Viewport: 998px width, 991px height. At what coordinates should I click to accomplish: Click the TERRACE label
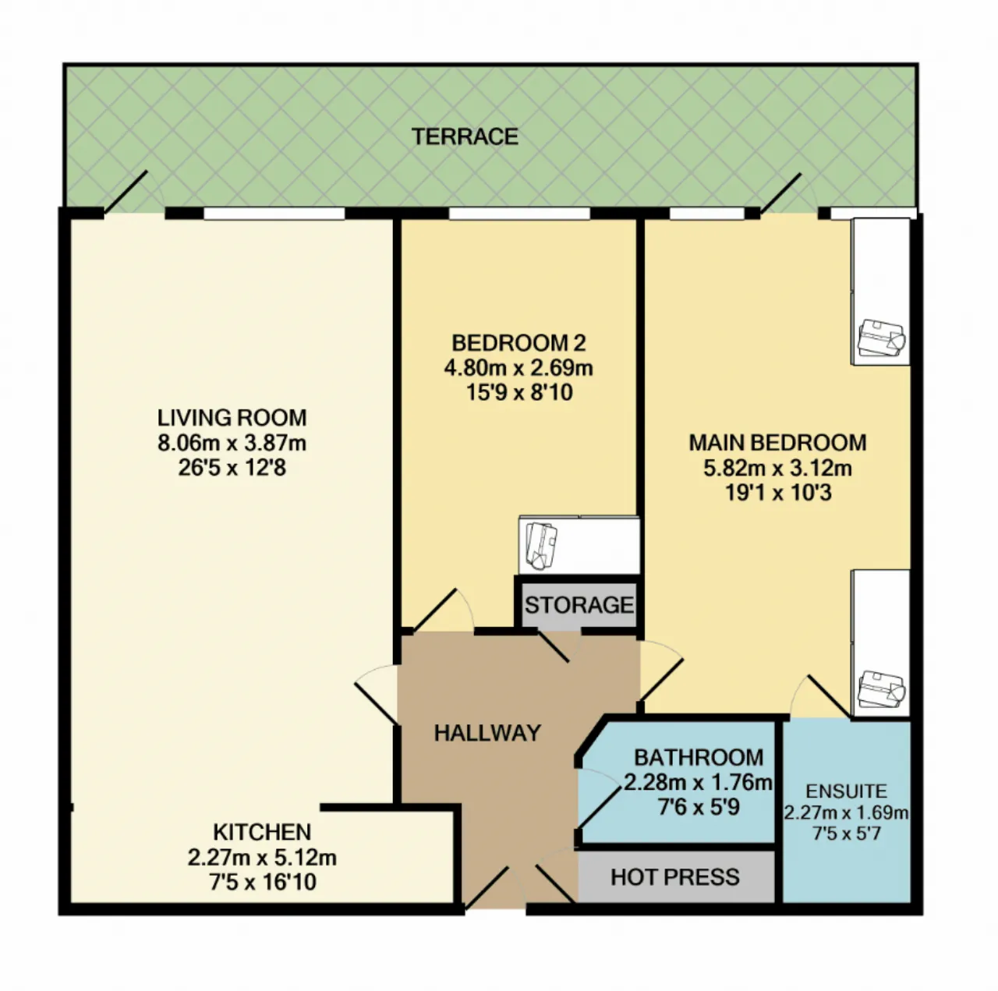pos(465,136)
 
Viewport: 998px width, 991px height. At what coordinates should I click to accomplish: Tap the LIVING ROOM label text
pos(232,418)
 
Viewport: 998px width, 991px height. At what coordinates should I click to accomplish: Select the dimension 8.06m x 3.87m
pos(232,443)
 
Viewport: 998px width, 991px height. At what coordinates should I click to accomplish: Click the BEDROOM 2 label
pos(518,343)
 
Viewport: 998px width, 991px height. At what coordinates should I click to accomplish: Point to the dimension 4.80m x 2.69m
pos(518,368)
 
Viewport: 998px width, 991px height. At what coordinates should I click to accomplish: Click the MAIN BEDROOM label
pos(777,443)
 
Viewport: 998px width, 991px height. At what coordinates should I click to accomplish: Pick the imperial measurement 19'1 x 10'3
pos(777,493)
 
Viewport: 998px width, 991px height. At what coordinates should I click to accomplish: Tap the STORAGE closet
pos(579,604)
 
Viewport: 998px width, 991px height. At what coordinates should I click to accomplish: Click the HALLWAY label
pos(487,733)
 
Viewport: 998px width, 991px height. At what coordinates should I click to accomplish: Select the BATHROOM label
pos(699,758)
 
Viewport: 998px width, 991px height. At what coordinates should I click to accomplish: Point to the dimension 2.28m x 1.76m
pos(698,782)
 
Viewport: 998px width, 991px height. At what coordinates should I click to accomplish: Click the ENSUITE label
pos(846,791)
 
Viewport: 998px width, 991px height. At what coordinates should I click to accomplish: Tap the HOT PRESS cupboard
pos(675,876)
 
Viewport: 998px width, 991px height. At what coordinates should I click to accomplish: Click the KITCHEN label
pos(262,832)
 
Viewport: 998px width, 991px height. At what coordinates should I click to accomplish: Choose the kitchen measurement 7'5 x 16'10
pos(262,882)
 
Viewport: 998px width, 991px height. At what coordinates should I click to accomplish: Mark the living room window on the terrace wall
pos(274,213)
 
